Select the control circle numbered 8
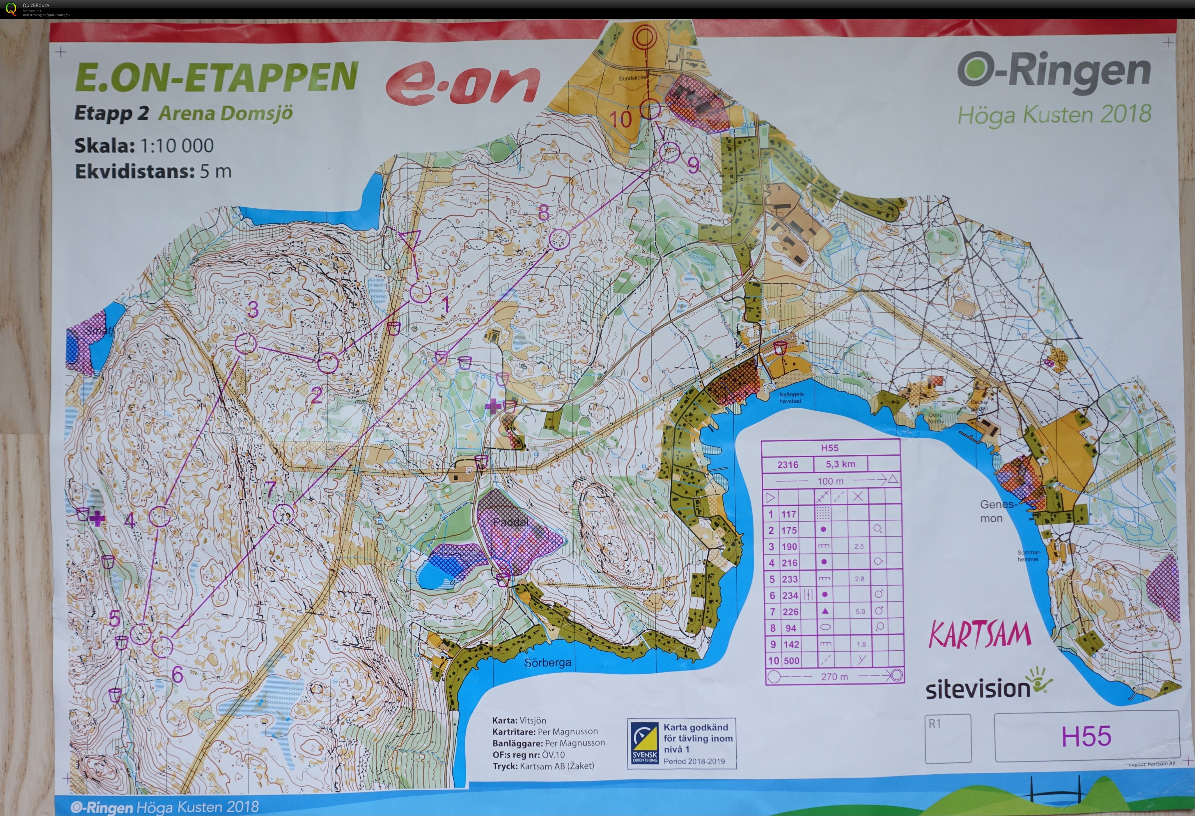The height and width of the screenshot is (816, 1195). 559,239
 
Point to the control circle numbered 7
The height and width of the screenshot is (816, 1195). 283,514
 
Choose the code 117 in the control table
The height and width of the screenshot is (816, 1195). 789,514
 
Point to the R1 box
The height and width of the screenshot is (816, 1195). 948,738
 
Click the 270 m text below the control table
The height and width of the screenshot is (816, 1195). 834,677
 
